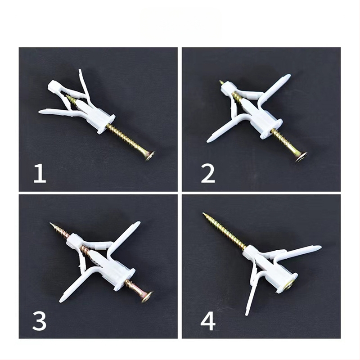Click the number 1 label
40,173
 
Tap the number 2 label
208,173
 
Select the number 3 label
40,320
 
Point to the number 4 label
208,320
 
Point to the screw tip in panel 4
203,213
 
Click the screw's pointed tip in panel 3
51,223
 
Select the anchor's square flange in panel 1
106,124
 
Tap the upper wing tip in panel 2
288,76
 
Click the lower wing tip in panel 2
209,139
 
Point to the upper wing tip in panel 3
137,224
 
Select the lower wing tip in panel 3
63,299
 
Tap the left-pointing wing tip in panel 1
40,112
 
